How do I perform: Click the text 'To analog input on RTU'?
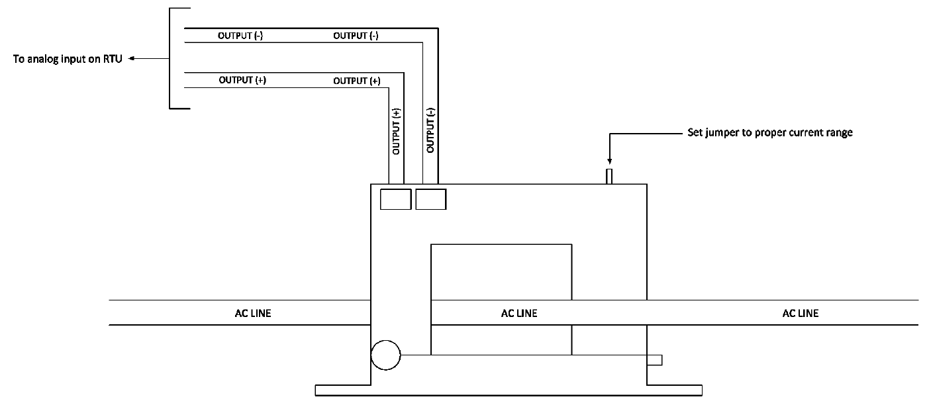pos(68,59)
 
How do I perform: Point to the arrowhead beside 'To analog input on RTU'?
pos(132,59)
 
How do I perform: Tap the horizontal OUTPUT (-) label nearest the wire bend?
pos(356,36)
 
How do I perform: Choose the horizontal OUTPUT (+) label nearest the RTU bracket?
pos(242,80)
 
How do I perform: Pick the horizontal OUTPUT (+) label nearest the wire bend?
pos(356,80)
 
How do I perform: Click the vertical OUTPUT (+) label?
pos(396,130)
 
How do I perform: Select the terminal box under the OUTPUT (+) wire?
pos(396,199)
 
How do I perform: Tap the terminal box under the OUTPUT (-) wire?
pos(430,199)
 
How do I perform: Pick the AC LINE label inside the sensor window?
pos(518,313)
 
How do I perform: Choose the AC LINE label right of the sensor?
pos(800,313)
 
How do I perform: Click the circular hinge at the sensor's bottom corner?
pos(386,356)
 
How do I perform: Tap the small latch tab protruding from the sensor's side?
pos(655,359)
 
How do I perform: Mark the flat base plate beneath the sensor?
pos(508,389)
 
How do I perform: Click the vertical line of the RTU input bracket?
pos(171,58)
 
